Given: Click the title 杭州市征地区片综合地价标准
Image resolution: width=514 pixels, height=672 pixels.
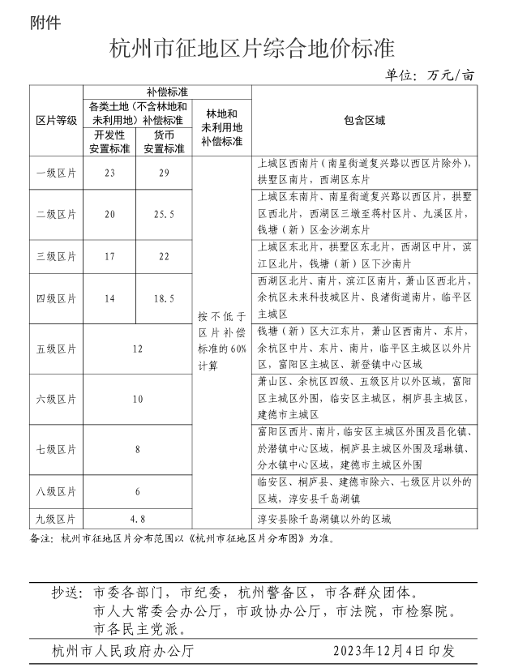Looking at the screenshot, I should coord(257,49).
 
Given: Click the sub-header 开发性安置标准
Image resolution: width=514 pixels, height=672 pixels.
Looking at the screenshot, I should coord(110,141).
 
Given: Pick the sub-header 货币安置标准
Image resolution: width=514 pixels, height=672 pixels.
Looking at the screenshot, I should coord(165,141).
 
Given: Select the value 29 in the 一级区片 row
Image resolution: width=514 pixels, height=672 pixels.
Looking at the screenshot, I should coord(165,173).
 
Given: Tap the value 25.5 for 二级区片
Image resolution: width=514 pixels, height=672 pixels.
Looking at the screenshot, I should coord(165,214).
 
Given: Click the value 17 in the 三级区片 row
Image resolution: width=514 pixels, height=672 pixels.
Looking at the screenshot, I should coord(110,256).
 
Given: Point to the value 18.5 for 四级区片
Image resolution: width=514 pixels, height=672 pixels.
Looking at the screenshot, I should coord(165,298).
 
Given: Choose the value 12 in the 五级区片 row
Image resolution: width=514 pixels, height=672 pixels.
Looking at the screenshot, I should coord(138,349).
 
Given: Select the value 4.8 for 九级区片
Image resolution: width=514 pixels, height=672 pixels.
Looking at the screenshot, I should coord(138,517).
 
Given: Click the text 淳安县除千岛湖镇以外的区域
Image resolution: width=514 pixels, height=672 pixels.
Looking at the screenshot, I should coord(324,517).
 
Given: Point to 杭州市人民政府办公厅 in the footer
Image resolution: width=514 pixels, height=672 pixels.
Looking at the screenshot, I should coord(122,650).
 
